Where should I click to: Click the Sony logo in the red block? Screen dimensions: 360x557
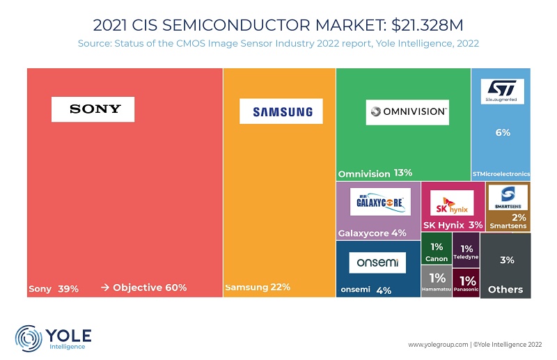coord(93,109)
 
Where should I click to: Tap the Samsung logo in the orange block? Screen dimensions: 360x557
coord(276,111)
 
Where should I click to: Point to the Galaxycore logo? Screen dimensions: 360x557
coord(380,203)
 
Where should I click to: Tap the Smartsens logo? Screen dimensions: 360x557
coord(508,198)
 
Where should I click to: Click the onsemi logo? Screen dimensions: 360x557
coord(377,263)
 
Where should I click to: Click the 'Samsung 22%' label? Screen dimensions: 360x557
coord(257,287)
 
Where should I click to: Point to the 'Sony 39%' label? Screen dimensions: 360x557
coord(54,288)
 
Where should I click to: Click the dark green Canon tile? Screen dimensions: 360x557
coord(437,253)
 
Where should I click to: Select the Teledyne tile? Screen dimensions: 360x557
coord(466,252)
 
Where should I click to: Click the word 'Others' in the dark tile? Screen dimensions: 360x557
coord(505,289)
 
